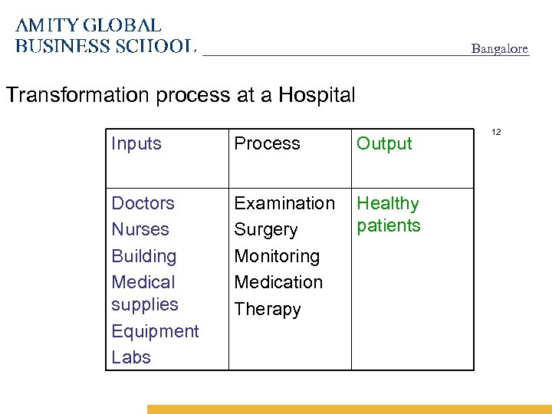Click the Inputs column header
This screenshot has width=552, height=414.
pos(136,143)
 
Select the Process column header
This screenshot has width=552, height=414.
pos(267,143)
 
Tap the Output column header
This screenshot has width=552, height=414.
pos(384,143)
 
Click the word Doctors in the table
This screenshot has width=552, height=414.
pos(143,203)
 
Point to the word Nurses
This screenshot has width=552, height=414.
pos(140,229)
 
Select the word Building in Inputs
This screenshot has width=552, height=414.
pos(143,256)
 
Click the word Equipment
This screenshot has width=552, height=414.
pos(155,331)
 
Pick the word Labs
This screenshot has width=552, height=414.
pos(131,357)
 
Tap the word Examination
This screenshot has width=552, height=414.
pos(284,203)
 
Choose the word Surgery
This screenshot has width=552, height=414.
pos(265,230)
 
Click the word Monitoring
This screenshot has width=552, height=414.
pos(277,256)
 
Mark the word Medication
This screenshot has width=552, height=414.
pos(278,282)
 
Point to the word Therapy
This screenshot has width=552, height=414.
pos(267,309)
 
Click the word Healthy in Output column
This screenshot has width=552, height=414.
pos(388,203)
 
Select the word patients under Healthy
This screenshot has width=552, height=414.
pos(389,225)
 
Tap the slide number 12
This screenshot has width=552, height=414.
pos(496,133)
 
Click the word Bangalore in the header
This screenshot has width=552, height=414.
pos(499,49)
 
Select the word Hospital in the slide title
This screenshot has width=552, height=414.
pos(317,95)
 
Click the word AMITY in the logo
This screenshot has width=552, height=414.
pos(46,26)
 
